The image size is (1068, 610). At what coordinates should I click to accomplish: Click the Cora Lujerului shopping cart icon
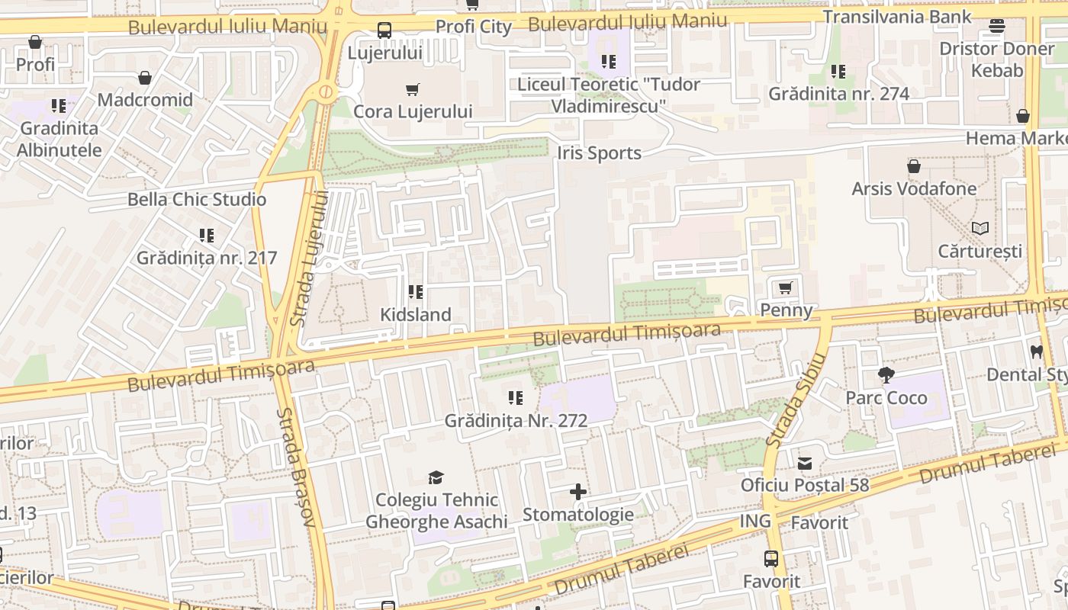413,90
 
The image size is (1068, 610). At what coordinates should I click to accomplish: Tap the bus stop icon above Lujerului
384,31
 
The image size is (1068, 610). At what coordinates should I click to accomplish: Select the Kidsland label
416,314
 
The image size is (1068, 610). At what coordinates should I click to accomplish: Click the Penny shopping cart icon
785,288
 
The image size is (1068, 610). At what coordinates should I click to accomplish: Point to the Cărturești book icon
980,228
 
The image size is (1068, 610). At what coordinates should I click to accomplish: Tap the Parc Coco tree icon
886,375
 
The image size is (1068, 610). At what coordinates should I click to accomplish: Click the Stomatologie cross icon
578,492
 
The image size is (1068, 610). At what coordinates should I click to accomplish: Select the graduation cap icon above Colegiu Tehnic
436,478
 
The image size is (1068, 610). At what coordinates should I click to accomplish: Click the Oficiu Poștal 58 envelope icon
805,463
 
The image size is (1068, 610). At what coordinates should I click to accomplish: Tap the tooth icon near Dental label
1036,352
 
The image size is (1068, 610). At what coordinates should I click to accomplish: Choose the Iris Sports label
599,153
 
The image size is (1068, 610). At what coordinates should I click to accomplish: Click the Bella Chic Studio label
197,200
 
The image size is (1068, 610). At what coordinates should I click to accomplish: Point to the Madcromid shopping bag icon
145,78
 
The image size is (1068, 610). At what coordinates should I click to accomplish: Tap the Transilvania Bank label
897,17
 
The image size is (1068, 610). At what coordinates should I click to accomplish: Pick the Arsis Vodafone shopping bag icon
913,166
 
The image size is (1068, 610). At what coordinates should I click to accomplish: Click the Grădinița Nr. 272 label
516,420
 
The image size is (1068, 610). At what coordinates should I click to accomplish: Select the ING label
755,522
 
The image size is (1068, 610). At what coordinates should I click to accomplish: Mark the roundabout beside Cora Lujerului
327,93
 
